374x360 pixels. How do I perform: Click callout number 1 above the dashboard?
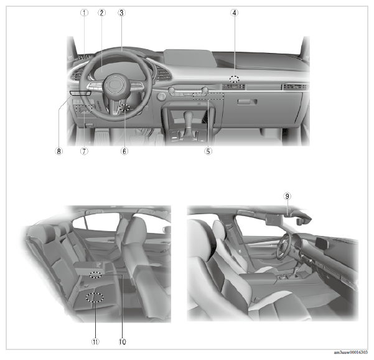[x=84, y=12]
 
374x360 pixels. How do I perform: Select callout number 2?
[x=102, y=12]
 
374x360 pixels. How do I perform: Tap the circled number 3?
[x=121, y=12]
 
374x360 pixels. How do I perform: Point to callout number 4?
[x=235, y=12]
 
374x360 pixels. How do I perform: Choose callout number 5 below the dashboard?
[x=208, y=151]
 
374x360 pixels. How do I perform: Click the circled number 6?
[x=124, y=151]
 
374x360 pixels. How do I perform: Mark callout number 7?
[x=84, y=151]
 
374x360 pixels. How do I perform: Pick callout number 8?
[x=59, y=151]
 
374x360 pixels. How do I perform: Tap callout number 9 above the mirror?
[x=288, y=196]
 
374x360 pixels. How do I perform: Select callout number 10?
[x=123, y=342]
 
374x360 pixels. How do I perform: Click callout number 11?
[x=95, y=342]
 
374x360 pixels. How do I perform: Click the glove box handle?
[x=247, y=102]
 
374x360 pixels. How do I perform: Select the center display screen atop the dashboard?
[x=190, y=59]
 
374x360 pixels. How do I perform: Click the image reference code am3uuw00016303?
[x=350, y=353]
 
